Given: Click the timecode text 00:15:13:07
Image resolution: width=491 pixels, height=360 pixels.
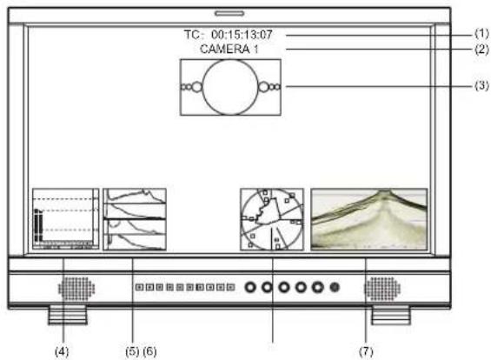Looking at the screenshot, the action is (x=242, y=35).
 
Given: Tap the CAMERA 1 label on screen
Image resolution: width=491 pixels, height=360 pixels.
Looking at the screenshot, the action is (x=229, y=49).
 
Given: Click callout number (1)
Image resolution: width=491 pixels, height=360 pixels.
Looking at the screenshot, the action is (x=481, y=33).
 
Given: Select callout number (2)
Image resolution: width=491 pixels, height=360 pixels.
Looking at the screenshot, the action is (x=481, y=50).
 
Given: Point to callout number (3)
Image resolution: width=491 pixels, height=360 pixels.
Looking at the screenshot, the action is (x=481, y=85).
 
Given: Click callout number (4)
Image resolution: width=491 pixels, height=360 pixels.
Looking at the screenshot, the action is (x=62, y=351).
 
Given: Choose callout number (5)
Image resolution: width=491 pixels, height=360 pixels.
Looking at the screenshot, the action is (x=132, y=351).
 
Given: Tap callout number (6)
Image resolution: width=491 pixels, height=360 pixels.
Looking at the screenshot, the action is (x=149, y=351).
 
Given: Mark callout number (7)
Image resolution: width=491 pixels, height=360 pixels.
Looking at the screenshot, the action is (x=366, y=351).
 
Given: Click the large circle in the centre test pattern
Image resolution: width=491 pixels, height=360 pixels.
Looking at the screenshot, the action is (x=230, y=59).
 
